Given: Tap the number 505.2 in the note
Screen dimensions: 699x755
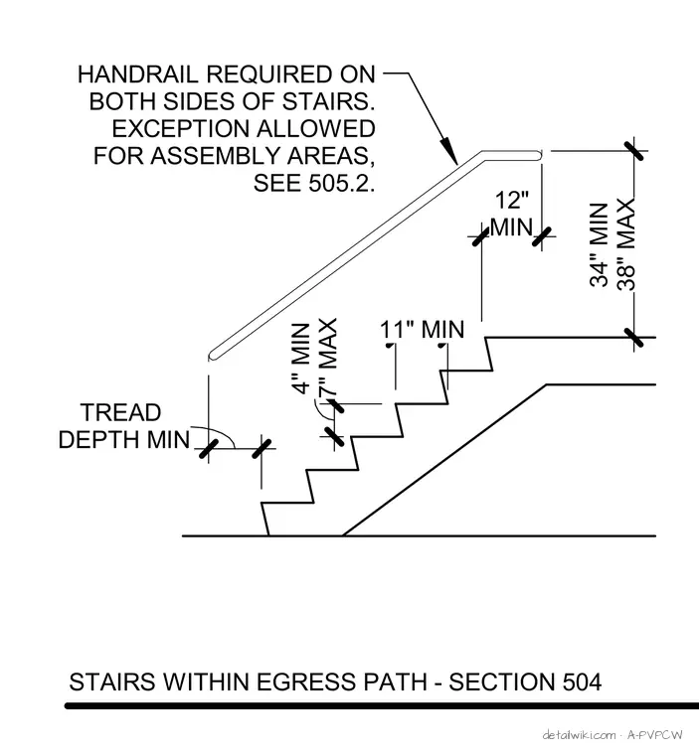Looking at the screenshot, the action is [340, 183].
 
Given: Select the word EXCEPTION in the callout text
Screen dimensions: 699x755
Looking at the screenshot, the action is [180, 129].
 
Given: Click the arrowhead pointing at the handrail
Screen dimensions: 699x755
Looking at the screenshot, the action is [449, 152].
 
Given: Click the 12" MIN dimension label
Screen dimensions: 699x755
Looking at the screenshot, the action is [512, 214].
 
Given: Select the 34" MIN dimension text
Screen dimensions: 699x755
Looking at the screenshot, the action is [600, 245].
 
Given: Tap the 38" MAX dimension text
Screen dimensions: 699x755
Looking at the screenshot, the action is [626, 244].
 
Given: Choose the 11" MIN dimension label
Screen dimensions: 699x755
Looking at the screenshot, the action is [423, 330].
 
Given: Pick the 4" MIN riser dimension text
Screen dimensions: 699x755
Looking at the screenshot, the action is [301, 359].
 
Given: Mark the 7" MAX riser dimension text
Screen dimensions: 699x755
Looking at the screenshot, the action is [327, 358].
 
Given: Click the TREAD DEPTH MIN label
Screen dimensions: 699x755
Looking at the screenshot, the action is [124, 426].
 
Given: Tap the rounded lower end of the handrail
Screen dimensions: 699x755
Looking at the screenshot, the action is [211, 356].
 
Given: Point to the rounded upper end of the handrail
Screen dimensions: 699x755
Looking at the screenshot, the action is [539, 155].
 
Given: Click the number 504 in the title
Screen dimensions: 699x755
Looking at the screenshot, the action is [582, 682].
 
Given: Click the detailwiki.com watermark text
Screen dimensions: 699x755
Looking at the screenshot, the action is [579, 735].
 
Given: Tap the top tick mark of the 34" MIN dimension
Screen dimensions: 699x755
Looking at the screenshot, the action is [633, 150].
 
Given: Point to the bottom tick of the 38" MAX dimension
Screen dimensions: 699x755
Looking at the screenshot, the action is [633, 338].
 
